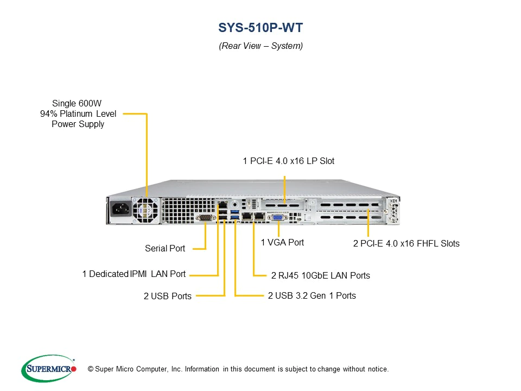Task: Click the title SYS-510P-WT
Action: (x=260, y=28)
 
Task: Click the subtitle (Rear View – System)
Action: (x=260, y=46)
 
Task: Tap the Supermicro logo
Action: (x=48, y=369)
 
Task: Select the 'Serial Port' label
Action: (x=165, y=249)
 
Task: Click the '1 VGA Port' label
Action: (x=282, y=243)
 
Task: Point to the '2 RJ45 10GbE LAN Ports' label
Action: (x=320, y=276)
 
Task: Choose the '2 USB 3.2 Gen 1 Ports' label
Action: (x=312, y=296)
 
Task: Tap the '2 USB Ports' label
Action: (x=168, y=297)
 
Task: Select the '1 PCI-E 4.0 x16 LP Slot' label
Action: (x=289, y=161)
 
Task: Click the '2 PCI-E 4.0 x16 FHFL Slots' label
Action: (x=406, y=244)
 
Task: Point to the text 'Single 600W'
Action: (x=77, y=103)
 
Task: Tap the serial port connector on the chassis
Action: (x=206, y=218)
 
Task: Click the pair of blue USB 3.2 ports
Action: (x=235, y=215)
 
